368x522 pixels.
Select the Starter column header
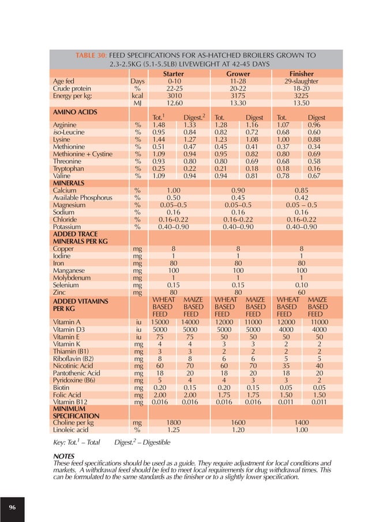174,74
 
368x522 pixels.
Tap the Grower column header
238,74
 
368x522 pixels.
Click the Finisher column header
301,74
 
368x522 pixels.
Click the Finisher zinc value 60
301,292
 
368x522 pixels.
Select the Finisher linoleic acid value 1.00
301,430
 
